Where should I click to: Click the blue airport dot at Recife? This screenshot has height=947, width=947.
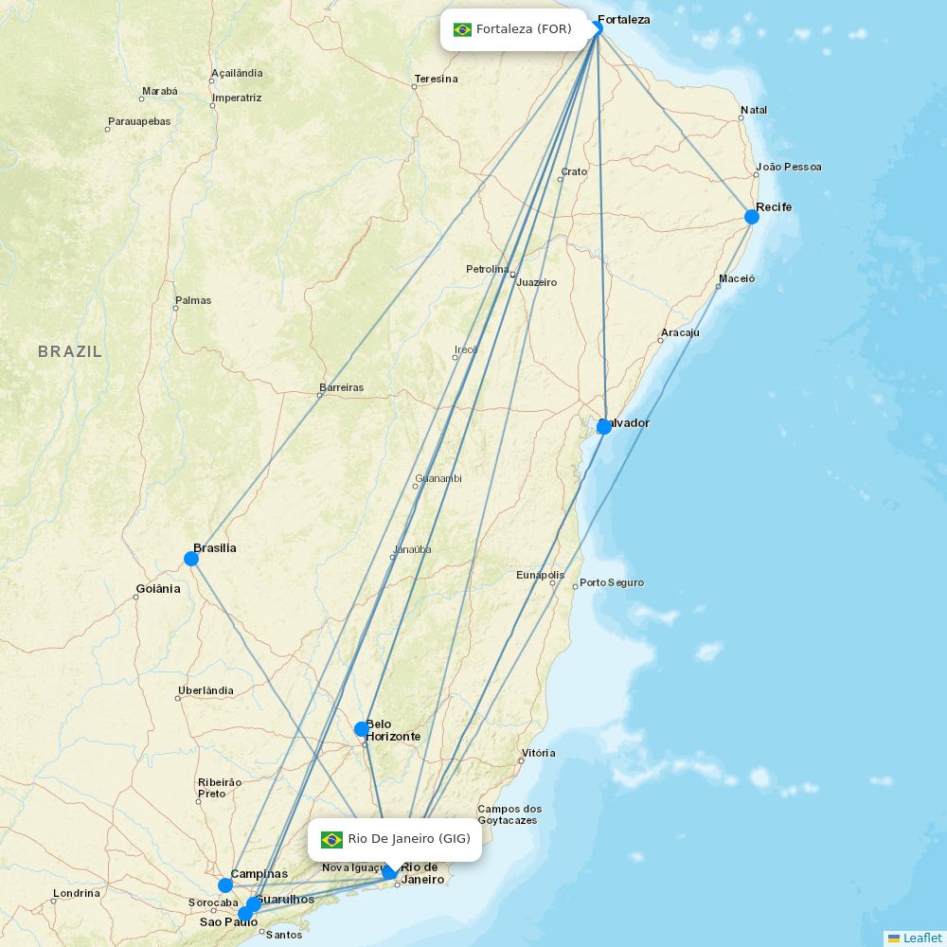(752, 217)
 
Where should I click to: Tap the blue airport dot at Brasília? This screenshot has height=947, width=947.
(191, 559)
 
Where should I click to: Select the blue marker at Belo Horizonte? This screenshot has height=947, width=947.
(362, 729)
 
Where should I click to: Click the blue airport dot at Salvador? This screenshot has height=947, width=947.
(604, 427)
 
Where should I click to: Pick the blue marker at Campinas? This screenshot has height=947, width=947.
(225, 885)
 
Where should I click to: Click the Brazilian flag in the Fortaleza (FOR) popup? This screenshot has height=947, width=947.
(462, 29)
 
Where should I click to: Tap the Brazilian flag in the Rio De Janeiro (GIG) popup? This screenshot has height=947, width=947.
(331, 839)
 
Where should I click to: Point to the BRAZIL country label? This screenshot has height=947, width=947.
(70, 351)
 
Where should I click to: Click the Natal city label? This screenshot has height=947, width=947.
(754, 110)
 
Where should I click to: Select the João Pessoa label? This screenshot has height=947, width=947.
(789, 167)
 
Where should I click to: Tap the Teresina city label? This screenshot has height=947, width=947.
(436, 79)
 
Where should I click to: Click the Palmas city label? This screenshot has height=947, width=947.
(193, 300)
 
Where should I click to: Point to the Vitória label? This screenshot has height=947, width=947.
(538, 753)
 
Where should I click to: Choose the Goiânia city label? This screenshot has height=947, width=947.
(157, 589)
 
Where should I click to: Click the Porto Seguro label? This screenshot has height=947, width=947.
(611, 582)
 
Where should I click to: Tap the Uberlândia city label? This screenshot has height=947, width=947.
(205, 690)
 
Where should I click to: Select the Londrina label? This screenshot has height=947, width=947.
(76, 893)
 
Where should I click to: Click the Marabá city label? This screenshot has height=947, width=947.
(159, 91)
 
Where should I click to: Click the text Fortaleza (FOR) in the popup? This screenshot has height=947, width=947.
(524, 29)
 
